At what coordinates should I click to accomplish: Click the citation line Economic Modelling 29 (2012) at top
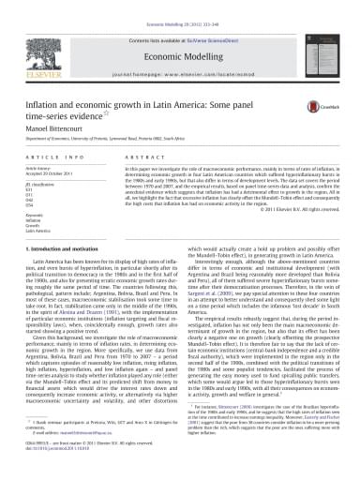pos(180,6)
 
